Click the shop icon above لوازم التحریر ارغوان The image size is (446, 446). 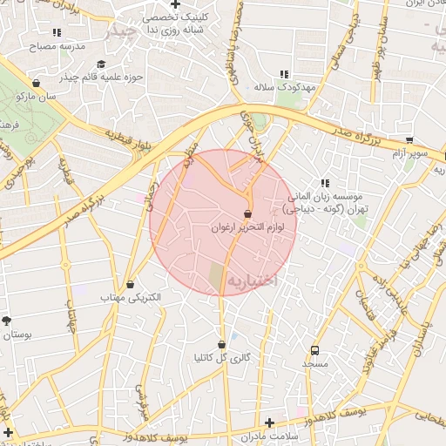[248, 213]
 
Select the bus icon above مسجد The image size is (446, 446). [314, 350]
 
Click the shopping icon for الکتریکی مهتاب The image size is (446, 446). [131, 284]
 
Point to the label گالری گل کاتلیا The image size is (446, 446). [222, 357]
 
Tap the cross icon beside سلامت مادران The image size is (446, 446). [269, 422]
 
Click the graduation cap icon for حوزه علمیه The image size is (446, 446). [102, 64]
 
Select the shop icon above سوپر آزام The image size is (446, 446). [409, 139]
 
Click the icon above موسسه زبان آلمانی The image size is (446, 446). [325, 184]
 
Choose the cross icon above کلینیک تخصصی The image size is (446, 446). [175, 4]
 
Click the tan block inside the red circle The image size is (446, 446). [216, 278]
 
